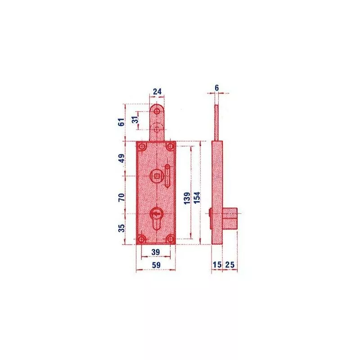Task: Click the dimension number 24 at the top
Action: click(157, 91)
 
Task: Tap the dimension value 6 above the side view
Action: click(217, 88)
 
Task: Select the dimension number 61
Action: click(121, 122)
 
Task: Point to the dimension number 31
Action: click(135, 120)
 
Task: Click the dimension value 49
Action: click(121, 158)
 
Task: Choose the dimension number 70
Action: click(121, 197)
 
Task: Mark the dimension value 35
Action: click(121, 228)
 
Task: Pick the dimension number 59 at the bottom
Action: click(156, 265)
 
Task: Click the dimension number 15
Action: click(217, 265)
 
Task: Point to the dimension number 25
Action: click(230, 265)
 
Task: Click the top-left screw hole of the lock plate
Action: click(142, 147)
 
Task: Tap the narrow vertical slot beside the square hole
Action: click(167, 175)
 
